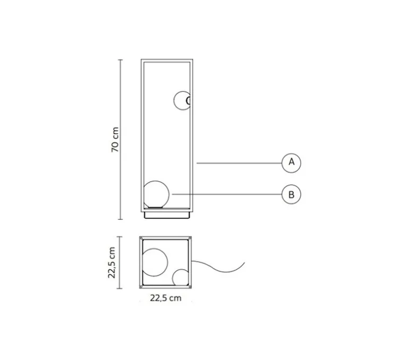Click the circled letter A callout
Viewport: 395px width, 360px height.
click(x=291, y=162)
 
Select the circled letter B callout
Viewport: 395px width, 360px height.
click(x=291, y=195)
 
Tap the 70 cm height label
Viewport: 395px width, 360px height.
click(x=115, y=140)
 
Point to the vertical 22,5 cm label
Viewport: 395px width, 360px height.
click(x=113, y=262)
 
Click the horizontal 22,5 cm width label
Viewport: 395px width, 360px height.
click(x=165, y=298)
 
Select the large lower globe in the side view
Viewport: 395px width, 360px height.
click(x=157, y=195)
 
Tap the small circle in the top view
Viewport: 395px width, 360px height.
click(x=181, y=279)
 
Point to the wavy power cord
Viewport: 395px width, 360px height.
click(x=218, y=267)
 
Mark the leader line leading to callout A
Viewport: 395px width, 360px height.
click(x=239, y=162)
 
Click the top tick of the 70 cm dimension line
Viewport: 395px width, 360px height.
click(x=121, y=60)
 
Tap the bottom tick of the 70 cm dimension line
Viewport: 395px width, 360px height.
click(x=121, y=219)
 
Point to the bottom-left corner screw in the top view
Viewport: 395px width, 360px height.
click(x=143, y=286)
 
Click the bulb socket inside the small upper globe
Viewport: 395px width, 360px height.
click(x=187, y=100)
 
